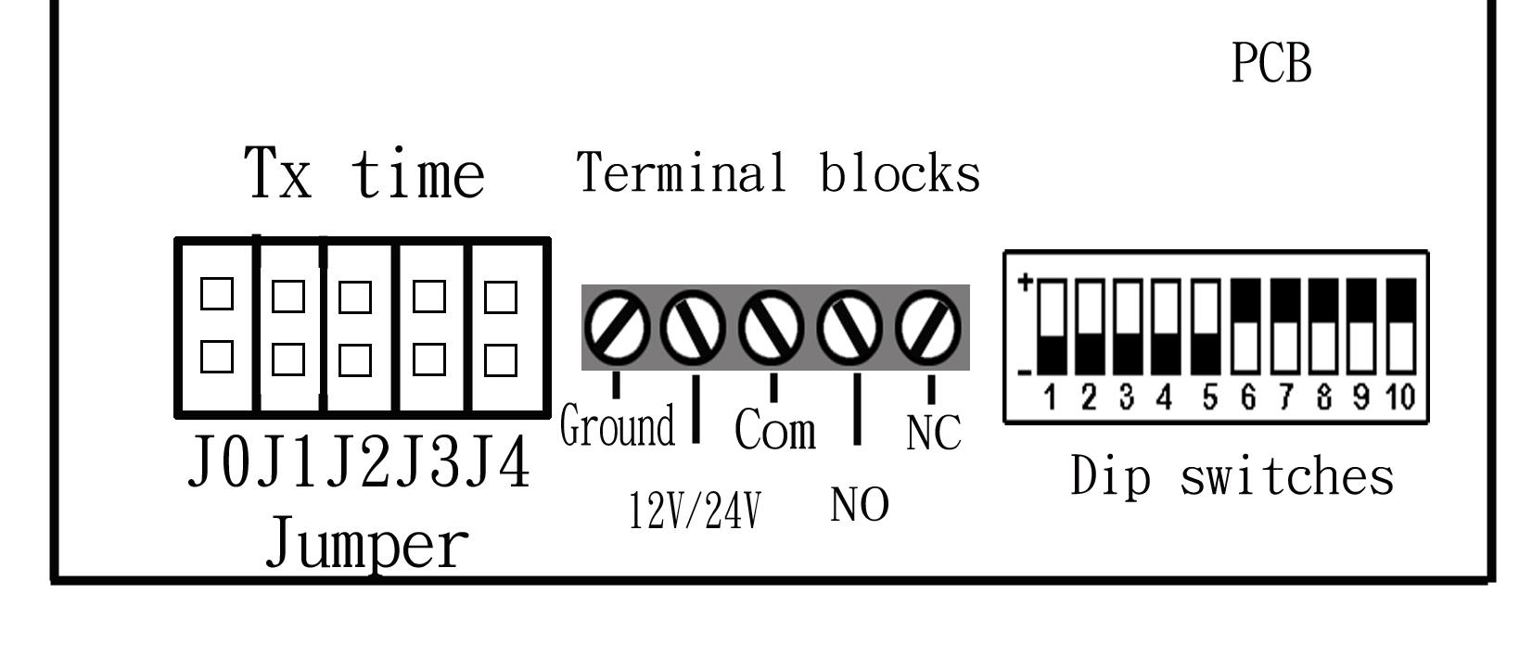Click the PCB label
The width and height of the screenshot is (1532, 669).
(1271, 65)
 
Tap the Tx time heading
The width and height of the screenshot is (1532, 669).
(364, 173)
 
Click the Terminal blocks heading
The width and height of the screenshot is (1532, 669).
(778, 173)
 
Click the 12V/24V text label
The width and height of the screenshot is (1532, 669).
(695, 510)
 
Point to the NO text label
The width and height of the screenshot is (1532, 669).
(860, 505)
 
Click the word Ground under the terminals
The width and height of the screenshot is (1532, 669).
(618, 427)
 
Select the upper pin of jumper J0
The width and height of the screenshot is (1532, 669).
(217, 295)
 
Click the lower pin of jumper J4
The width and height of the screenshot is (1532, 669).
(501, 360)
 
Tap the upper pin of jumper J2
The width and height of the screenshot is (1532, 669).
(355, 297)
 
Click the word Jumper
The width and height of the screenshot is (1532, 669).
(367, 546)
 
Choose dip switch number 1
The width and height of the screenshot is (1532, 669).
(1052, 324)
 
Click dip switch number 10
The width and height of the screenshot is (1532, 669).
(1400, 324)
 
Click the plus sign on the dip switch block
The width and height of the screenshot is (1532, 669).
(1026, 282)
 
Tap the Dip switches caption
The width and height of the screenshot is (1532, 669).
(1232, 477)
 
